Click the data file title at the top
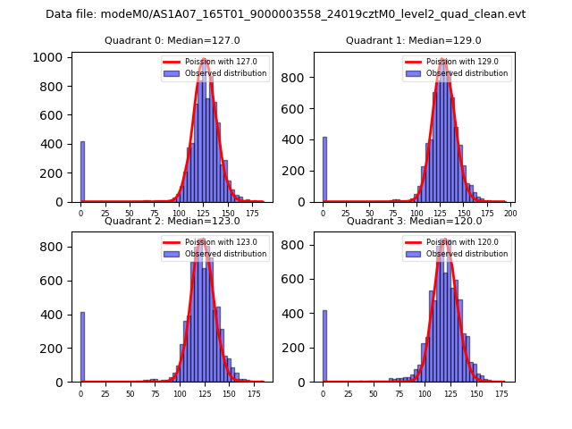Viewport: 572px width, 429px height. pyautogui.click(x=286, y=14)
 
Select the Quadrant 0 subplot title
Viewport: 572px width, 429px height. pyautogui.click(x=172, y=40)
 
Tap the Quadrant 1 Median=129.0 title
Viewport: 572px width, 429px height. pyautogui.click(x=414, y=40)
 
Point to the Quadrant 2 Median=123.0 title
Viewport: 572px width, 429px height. pyautogui.click(x=172, y=221)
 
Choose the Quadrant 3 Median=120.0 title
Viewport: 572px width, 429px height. pyautogui.click(x=414, y=221)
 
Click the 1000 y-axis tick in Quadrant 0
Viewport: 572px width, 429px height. pyautogui.click(x=51, y=57)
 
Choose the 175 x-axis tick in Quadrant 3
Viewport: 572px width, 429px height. pyautogui.click(x=500, y=394)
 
